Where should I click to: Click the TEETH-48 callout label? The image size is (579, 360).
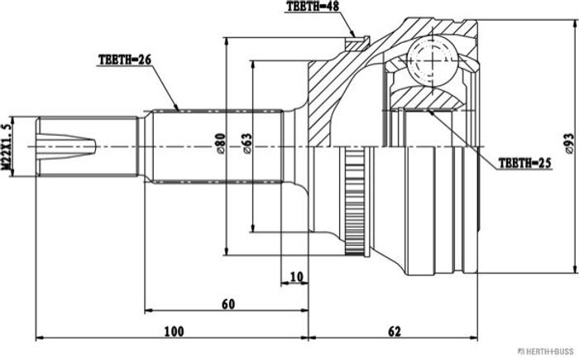pos(313,7)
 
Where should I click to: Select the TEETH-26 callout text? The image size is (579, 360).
pos(125,60)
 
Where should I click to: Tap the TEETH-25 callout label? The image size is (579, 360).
pos(524,163)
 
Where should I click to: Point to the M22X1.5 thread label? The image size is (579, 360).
pos(7,146)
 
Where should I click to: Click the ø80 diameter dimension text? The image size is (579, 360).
pos(221,143)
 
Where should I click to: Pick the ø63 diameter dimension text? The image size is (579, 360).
pos(247,143)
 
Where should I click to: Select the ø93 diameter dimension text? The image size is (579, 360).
pos(570,143)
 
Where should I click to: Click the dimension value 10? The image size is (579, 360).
pos(296,276)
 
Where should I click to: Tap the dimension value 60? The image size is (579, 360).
pos(228,304)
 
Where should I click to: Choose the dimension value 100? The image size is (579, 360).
pos(174,331)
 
